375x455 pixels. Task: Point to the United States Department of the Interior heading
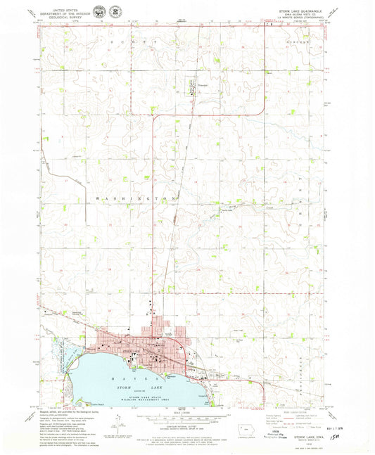tap(61, 12)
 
